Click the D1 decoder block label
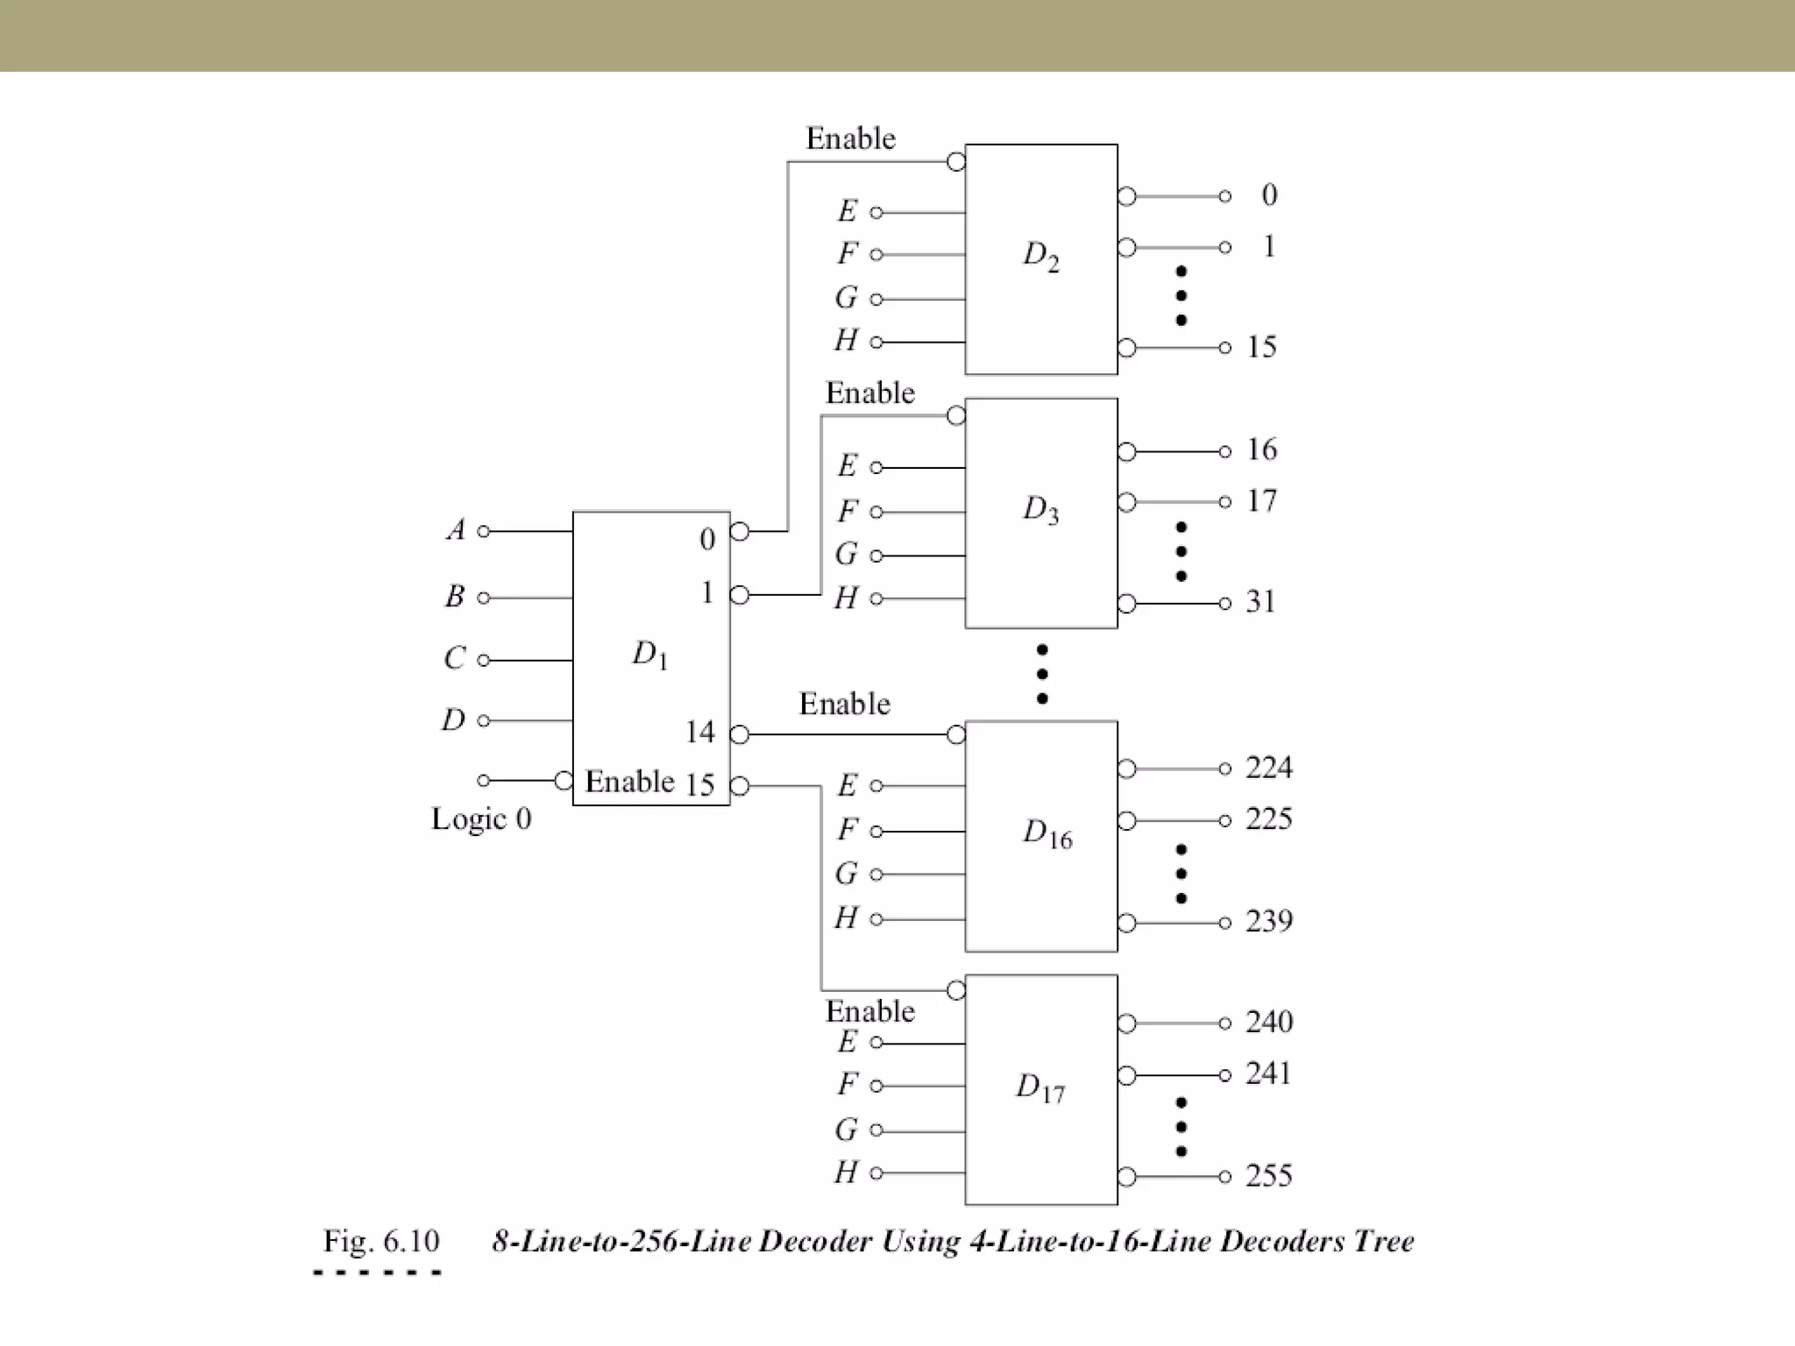(649, 655)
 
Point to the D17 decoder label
(1040, 1087)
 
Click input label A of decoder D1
(456, 530)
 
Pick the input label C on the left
(454, 658)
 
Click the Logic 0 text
(481, 818)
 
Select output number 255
(1268, 1175)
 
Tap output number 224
(1268, 768)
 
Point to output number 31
(1260, 602)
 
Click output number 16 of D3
(1261, 450)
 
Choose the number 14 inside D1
(699, 732)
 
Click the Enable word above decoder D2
(850, 138)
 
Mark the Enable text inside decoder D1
(629, 781)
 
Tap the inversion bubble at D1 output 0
(740, 531)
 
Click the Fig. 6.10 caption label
(380, 1241)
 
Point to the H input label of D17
(846, 1172)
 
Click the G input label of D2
(846, 298)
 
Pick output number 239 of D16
(1268, 921)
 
